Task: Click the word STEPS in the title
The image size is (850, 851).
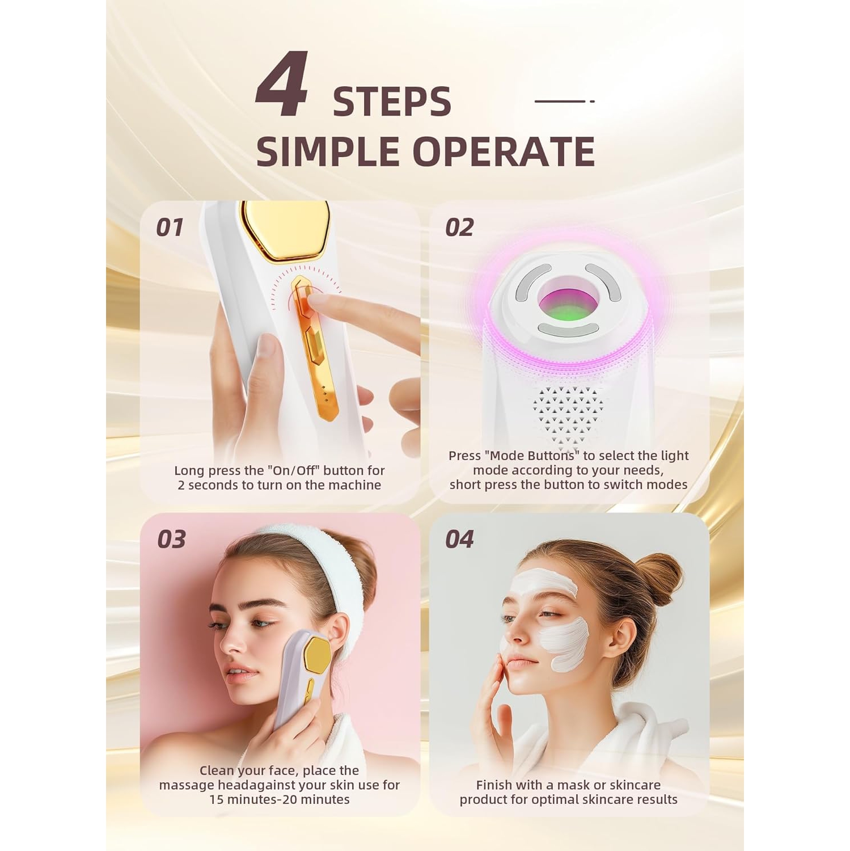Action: (392, 103)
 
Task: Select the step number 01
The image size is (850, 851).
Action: (170, 228)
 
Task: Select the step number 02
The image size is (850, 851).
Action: (459, 228)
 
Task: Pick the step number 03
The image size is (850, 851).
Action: (171, 540)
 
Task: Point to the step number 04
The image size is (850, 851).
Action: (459, 540)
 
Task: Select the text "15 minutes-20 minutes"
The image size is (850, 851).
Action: (279, 800)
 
